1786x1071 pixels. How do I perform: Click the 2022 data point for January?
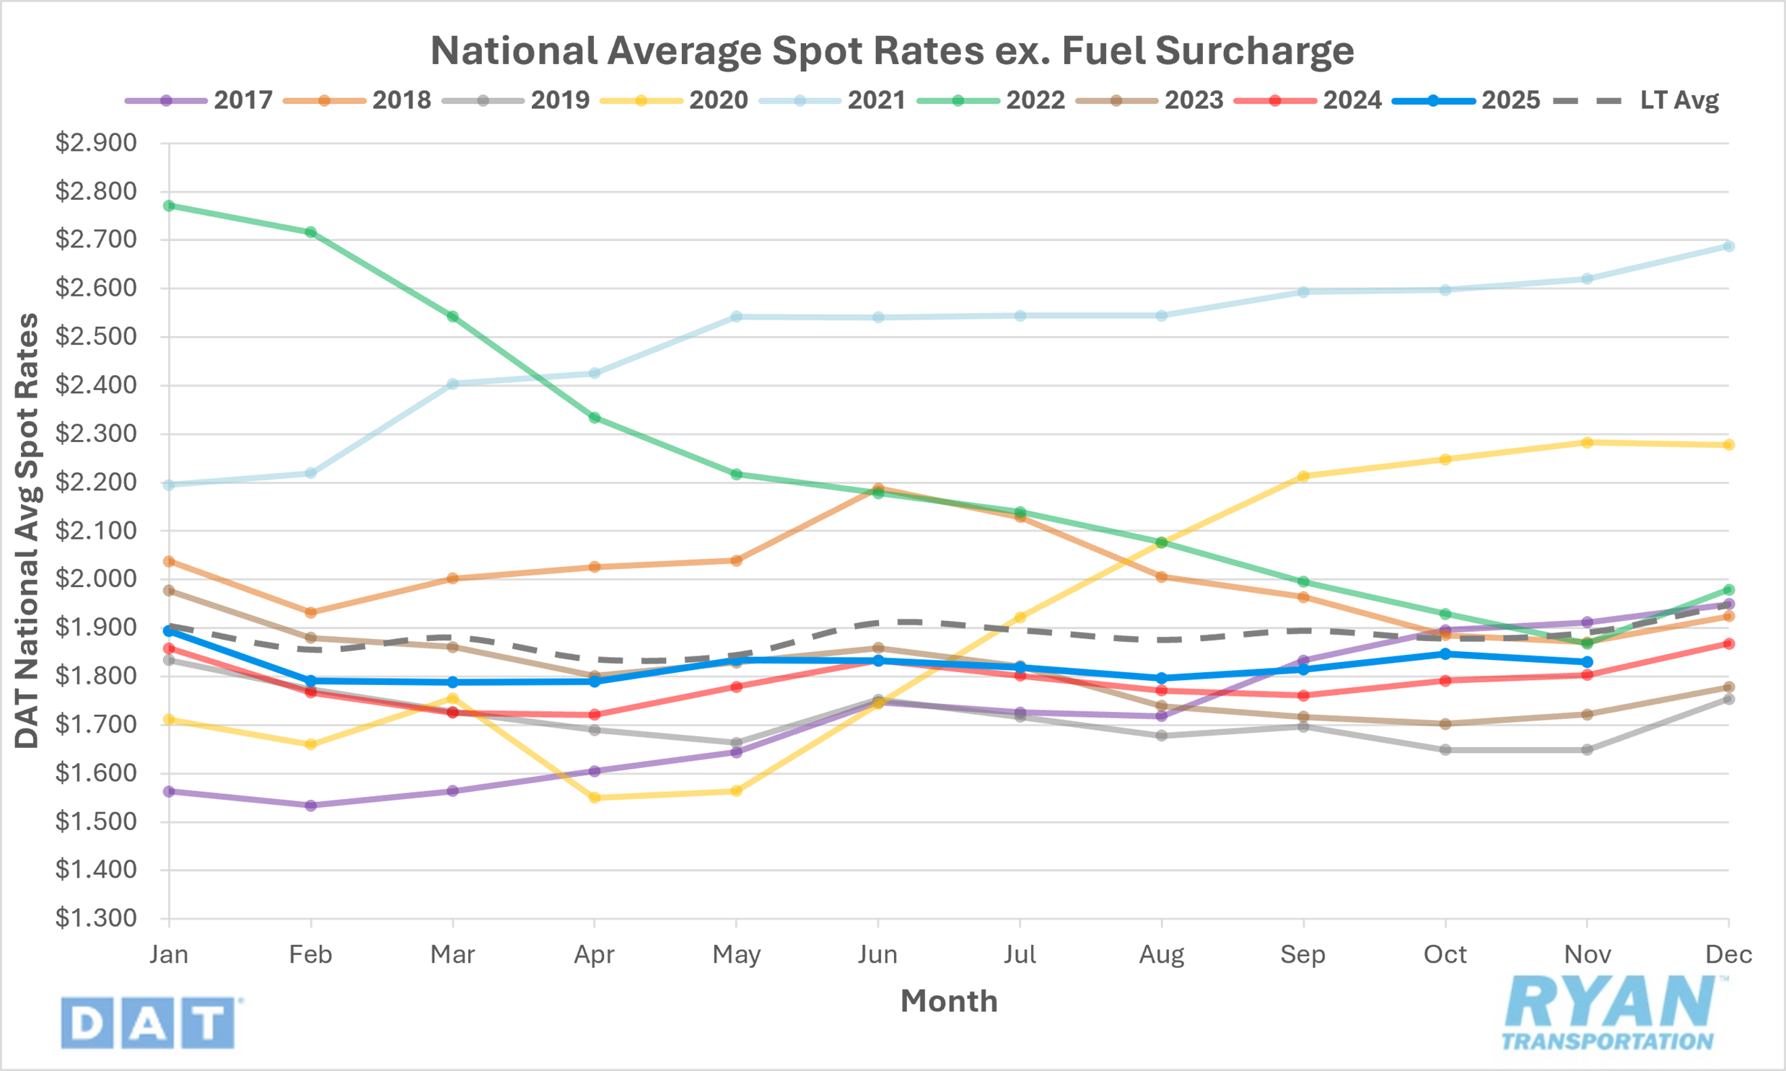(169, 206)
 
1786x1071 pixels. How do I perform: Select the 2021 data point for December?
(1728, 246)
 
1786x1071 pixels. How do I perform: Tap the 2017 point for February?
(310, 806)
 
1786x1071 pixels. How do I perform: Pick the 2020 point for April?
(594, 798)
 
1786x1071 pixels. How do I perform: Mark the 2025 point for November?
(1587, 662)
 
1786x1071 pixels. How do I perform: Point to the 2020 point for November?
(1587, 442)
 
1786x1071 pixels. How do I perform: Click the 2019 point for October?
(1445, 750)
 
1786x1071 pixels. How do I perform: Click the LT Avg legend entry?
(1636, 100)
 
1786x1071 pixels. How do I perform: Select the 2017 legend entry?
(198, 100)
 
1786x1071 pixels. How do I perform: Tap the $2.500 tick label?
(96, 336)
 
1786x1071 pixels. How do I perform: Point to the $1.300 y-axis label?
(96, 918)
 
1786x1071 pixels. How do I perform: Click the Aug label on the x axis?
(1161, 955)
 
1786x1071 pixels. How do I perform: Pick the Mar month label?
(452, 955)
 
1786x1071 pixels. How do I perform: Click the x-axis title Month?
(949, 1001)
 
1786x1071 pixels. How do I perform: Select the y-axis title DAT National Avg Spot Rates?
(27, 530)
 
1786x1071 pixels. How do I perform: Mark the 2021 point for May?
(736, 317)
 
